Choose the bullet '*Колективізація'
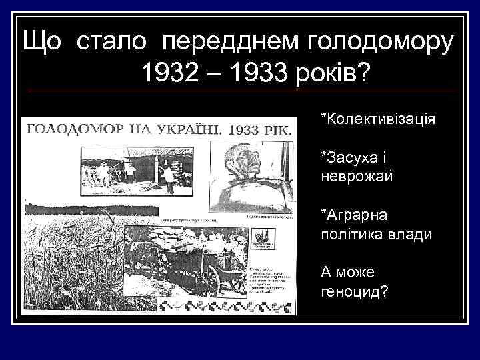[378, 119]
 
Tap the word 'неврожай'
[357, 177]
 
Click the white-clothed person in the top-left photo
[170, 177]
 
